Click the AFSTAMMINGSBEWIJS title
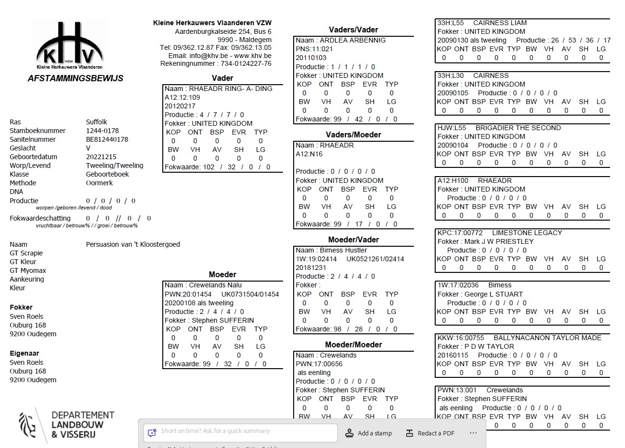(x=75, y=78)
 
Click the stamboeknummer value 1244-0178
(x=102, y=131)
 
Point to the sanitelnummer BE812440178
(x=107, y=139)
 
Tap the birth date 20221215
(x=101, y=157)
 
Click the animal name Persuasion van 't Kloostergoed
(x=133, y=244)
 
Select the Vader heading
(x=222, y=78)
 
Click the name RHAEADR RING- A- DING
(x=230, y=89)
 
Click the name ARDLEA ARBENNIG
(x=353, y=40)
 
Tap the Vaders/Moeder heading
(x=353, y=135)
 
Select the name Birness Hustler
(x=343, y=250)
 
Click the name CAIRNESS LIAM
(x=500, y=23)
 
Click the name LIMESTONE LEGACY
(x=527, y=233)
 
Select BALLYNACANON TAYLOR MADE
(x=547, y=338)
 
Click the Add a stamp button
(x=369, y=433)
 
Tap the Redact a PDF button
(x=430, y=433)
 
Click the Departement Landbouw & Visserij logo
(x=67, y=424)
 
